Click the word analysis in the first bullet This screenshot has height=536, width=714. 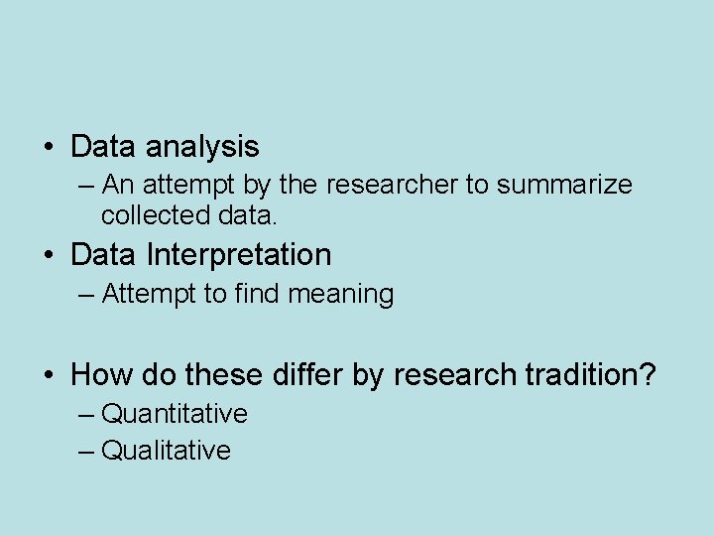202,148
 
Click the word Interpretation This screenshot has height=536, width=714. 238,255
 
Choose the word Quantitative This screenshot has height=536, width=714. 175,413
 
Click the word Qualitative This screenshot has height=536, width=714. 166,451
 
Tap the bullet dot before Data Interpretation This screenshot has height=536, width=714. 48,256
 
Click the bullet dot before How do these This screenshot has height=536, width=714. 48,376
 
